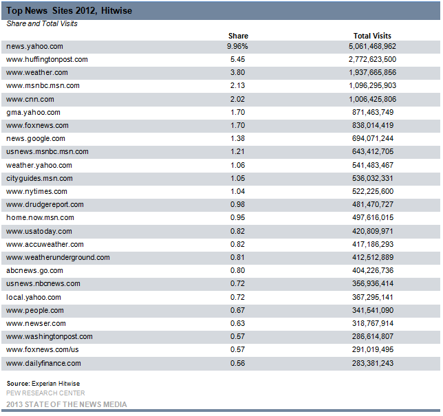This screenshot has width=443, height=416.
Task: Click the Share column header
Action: pyautogui.click(x=238, y=36)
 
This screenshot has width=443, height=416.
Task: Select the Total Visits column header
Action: pyautogui.click(x=372, y=36)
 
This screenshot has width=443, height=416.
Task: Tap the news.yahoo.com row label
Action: pyautogui.click(x=34, y=46)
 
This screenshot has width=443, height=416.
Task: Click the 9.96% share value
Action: pyautogui.click(x=237, y=46)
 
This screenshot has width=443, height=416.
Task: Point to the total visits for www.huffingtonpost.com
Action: pyautogui.click(x=372, y=59)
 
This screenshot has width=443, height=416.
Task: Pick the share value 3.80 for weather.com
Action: pyautogui.click(x=237, y=72)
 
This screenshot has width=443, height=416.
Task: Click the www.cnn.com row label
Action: pyautogui.click(x=30, y=99)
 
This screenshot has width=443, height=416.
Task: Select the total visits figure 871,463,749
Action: pyautogui.click(x=373, y=112)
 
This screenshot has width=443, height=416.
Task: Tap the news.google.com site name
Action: pyautogui.click(x=36, y=138)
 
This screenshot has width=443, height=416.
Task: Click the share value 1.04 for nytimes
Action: pyautogui.click(x=237, y=191)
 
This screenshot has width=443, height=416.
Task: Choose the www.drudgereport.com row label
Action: pyautogui.click(x=45, y=204)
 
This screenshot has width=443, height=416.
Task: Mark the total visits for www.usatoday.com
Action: pyautogui.click(x=373, y=231)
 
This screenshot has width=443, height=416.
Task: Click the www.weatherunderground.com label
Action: pyautogui.click(x=58, y=257)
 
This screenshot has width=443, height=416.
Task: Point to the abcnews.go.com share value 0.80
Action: pyautogui.click(x=237, y=270)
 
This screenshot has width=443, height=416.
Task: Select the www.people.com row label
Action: pyautogui.click(x=35, y=310)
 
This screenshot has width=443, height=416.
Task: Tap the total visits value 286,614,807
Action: pyautogui.click(x=373, y=336)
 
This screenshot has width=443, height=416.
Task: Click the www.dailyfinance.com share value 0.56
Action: pyautogui.click(x=237, y=363)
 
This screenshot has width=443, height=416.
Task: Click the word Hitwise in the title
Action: pyautogui.click(x=116, y=11)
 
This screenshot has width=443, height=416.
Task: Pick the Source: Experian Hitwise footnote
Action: pyautogui.click(x=43, y=384)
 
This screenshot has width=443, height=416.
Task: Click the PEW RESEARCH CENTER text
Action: pyautogui.click(x=45, y=393)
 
